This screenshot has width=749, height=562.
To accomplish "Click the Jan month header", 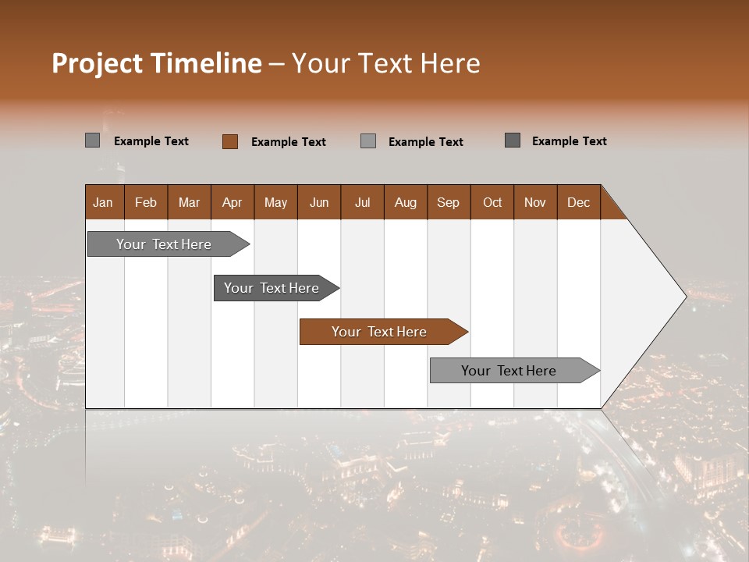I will [104, 202].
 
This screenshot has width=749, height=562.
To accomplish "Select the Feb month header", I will [146, 202].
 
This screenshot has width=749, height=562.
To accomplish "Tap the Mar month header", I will [189, 202].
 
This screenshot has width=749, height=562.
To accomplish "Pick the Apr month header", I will [233, 202].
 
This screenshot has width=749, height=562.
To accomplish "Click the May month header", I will [275, 202].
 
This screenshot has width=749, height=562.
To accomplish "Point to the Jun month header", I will [319, 202].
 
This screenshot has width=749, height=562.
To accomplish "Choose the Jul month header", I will [362, 202].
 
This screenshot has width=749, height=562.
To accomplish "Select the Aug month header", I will [406, 202].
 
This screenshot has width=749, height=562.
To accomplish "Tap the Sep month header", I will [449, 202].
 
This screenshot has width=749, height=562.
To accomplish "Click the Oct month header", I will [492, 202].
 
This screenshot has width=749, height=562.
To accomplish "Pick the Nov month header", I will [535, 202].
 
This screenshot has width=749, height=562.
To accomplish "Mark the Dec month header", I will [579, 202].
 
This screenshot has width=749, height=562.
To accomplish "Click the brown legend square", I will [230, 141].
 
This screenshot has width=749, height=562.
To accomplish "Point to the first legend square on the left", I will [93, 140].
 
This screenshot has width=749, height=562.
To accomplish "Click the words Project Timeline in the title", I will [157, 63].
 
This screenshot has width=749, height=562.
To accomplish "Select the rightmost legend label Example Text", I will [569, 141].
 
